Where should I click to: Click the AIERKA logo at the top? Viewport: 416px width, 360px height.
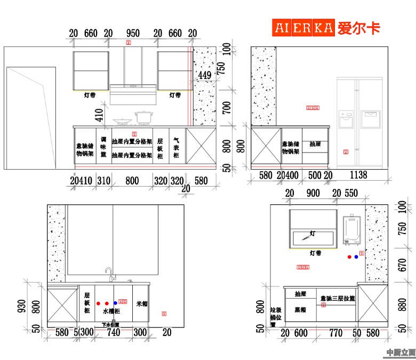(x=326, y=28)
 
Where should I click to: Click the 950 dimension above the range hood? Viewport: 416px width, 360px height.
(x=133, y=34)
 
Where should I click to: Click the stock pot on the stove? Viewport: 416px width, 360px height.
(x=143, y=118)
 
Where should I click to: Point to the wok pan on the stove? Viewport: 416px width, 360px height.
(x=123, y=121)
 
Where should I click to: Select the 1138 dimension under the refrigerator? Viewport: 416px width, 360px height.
(x=358, y=175)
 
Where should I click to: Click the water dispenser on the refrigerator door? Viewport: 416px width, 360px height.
(x=346, y=119)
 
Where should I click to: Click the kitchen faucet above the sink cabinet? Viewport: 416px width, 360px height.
(x=109, y=274)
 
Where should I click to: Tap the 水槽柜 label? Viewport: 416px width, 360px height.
(x=111, y=310)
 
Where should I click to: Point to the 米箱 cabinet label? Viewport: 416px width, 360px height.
(x=142, y=303)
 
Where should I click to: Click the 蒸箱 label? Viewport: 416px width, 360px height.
(x=300, y=310)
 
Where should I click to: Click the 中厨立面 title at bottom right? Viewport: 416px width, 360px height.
(x=401, y=352)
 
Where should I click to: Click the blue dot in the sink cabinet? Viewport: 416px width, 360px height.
(x=115, y=302)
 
